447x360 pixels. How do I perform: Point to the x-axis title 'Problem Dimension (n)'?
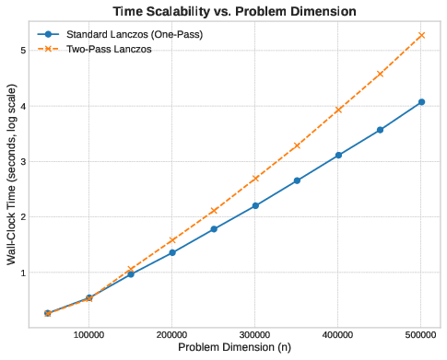234,348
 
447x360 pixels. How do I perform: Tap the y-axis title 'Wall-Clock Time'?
12,180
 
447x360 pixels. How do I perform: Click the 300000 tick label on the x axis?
255,333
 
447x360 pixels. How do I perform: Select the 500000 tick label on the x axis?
421,333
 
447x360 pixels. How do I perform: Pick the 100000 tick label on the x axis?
89,333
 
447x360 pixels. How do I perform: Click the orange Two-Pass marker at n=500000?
421,35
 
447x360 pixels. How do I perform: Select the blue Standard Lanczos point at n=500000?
421,102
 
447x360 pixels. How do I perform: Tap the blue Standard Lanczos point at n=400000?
338,156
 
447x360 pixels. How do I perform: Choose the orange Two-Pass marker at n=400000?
338,110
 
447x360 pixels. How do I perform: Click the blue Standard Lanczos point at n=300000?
255,205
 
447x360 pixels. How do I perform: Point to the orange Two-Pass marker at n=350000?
297,145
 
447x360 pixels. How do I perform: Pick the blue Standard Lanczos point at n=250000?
214,229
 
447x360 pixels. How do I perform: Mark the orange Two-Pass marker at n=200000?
172,240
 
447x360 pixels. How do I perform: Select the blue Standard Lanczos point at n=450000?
380,130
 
